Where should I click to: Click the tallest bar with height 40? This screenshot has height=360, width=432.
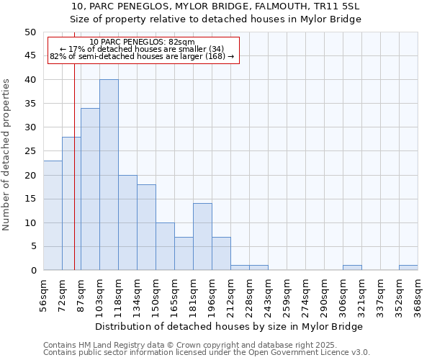click(109, 175)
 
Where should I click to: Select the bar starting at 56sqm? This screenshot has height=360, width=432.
click(53, 215)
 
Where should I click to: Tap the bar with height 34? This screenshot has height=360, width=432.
click(90, 189)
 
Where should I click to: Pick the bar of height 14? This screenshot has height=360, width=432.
click(202, 237)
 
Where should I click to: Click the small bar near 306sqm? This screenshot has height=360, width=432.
click(352, 268)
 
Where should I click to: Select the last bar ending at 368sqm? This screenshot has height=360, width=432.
click(408, 268)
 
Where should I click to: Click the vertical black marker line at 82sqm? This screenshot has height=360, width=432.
click(74, 180)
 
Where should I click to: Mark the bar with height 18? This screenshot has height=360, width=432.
click(146, 228)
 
